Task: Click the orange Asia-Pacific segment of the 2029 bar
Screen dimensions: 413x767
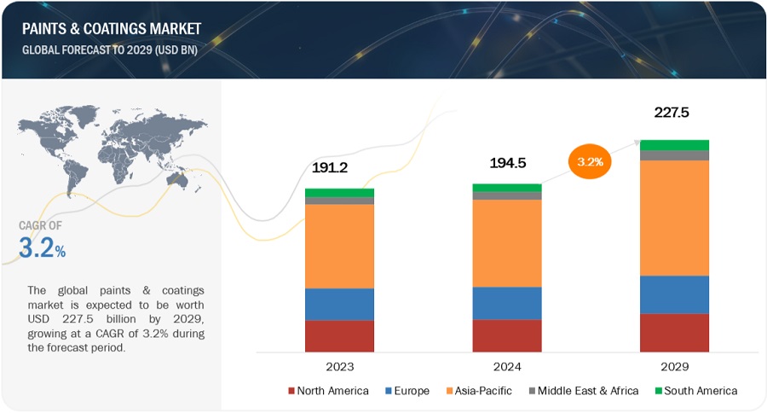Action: tap(674, 218)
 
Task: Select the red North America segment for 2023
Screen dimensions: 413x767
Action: tap(339, 335)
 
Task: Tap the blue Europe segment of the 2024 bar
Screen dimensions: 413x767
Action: tap(506, 303)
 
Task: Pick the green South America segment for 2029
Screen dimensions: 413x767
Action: tap(674, 145)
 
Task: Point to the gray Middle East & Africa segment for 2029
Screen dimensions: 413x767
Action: tap(674, 155)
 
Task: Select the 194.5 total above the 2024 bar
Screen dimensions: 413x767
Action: tap(506, 163)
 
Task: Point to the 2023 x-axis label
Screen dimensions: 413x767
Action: tap(339, 366)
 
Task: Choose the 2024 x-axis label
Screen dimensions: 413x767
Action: tap(506, 366)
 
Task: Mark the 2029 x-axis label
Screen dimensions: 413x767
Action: tap(673, 366)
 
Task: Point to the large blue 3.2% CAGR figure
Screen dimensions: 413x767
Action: tap(43, 248)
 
